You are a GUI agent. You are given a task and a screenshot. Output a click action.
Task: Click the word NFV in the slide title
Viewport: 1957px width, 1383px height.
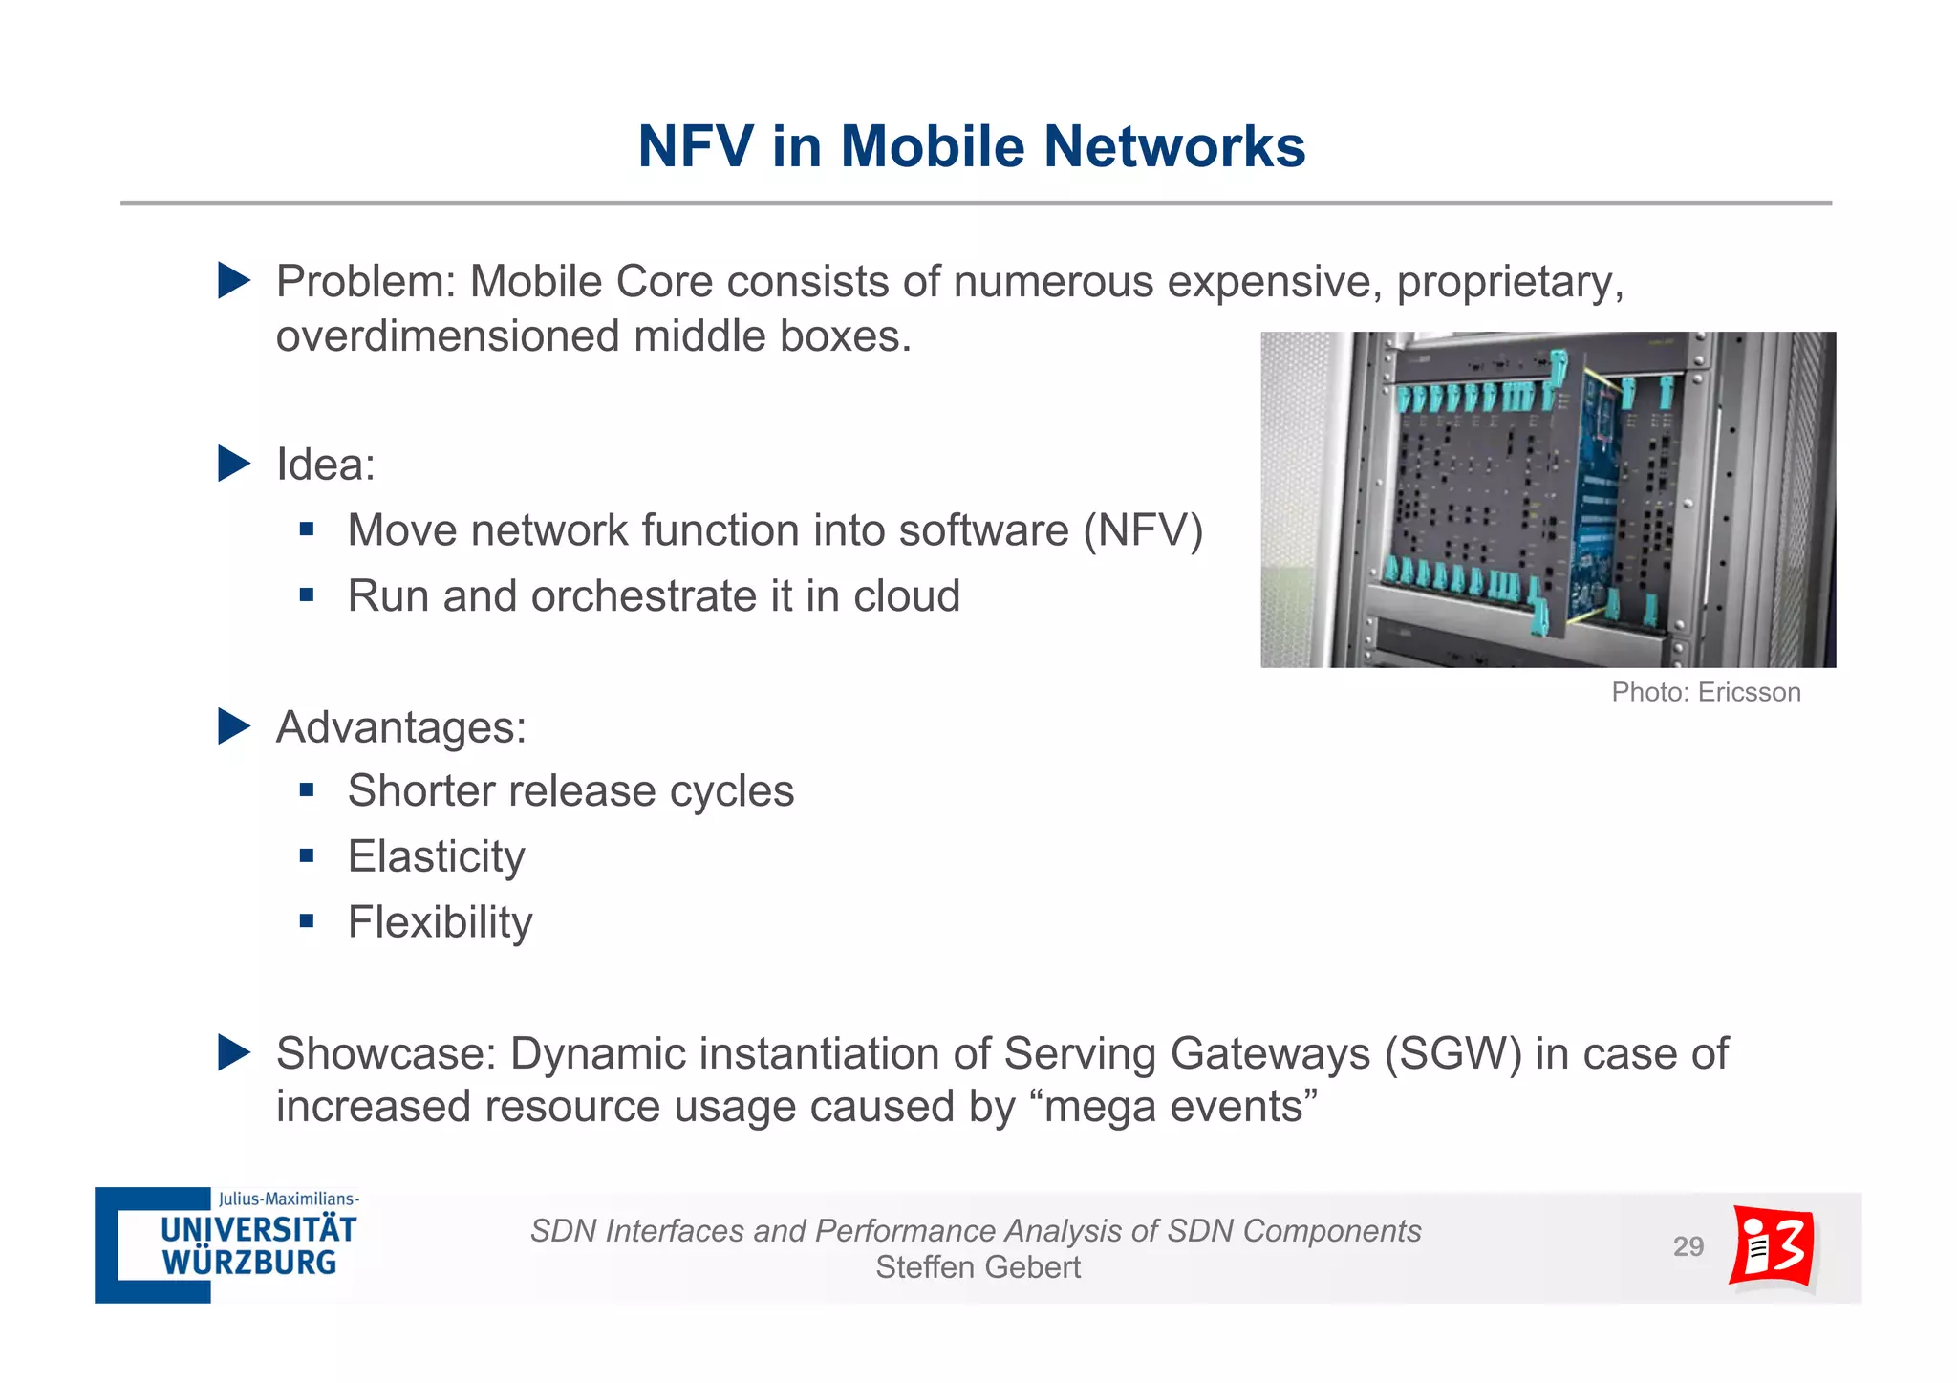tap(696, 147)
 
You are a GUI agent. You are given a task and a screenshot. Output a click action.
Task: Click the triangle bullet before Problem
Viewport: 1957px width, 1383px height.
tap(233, 281)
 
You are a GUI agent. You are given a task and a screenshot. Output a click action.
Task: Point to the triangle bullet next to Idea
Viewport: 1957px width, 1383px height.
tap(233, 464)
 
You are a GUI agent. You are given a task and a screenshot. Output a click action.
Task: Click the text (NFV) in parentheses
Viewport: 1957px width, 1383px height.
tap(1143, 530)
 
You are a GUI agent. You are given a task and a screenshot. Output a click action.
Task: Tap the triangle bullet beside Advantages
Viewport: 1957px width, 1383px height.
tap(233, 726)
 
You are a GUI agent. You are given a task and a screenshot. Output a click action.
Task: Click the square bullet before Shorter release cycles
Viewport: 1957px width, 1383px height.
tap(307, 790)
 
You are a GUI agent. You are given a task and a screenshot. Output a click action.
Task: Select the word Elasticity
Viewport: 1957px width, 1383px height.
tap(436, 856)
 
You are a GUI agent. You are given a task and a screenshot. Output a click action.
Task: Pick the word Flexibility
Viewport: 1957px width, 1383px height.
tap(440, 922)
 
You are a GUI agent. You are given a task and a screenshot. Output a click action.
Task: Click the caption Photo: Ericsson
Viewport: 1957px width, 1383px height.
tap(1706, 692)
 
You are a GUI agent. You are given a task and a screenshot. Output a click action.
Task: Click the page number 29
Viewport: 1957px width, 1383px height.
tap(1688, 1246)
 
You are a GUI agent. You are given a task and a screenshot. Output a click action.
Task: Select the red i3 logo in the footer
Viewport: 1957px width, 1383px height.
tap(1773, 1246)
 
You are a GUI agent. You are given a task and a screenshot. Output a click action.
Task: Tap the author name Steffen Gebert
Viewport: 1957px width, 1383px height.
tap(978, 1267)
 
